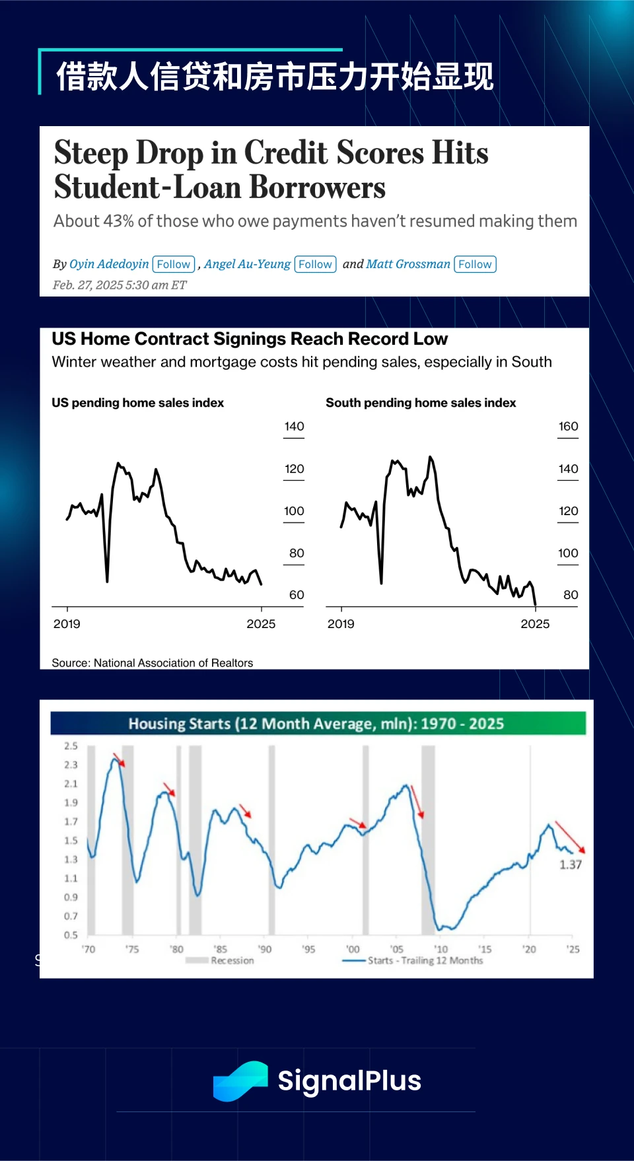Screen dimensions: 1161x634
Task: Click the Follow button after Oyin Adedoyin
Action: point(174,264)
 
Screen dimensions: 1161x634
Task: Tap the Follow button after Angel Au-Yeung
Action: point(315,264)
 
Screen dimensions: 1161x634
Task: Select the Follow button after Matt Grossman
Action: point(475,264)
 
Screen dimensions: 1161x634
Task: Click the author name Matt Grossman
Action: point(408,264)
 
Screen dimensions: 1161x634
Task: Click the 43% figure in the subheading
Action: point(118,221)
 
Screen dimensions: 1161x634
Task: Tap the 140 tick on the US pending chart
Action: point(294,427)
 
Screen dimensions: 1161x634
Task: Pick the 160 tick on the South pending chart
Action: point(568,427)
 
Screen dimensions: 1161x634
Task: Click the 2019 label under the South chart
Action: point(341,624)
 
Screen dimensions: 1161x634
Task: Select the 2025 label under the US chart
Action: point(261,624)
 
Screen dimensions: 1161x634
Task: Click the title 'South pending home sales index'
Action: point(421,403)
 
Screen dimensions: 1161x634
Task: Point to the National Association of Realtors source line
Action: point(153,663)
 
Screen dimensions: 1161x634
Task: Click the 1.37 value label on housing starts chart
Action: point(571,864)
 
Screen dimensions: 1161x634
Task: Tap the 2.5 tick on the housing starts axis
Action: point(71,746)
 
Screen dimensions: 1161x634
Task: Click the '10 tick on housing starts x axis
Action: point(440,949)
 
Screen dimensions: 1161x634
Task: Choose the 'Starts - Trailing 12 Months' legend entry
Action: point(425,961)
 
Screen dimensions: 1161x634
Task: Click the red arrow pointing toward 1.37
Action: point(569,837)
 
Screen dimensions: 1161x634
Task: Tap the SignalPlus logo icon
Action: point(240,1081)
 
